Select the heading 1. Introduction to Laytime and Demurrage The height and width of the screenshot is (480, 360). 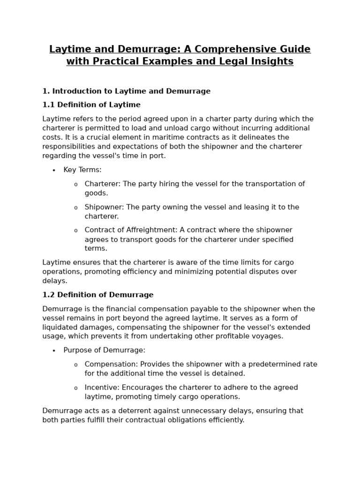pos(126,91)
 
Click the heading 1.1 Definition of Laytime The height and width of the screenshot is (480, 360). pos(91,105)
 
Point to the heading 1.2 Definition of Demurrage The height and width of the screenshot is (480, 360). pos(98,295)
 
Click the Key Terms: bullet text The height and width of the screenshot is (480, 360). pos(82,170)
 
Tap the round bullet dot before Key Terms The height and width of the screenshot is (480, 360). pos(54,170)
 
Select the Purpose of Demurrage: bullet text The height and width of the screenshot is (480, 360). pos(105,350)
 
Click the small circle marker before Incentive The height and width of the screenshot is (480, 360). pos(75,388)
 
